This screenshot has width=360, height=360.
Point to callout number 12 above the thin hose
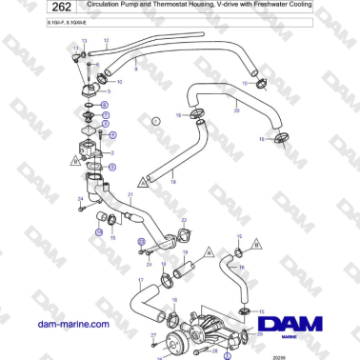[107, 41]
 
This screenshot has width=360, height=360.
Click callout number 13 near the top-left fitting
[84, 42]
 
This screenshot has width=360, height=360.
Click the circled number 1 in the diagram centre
[155, 122]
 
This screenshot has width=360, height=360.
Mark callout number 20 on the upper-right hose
[236, 110]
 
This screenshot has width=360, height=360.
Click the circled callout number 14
[97, 230]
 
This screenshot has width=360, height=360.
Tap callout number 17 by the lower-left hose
[140, 281]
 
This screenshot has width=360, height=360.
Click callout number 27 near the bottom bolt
[152, 335]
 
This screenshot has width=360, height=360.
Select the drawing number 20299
[278, 354]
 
